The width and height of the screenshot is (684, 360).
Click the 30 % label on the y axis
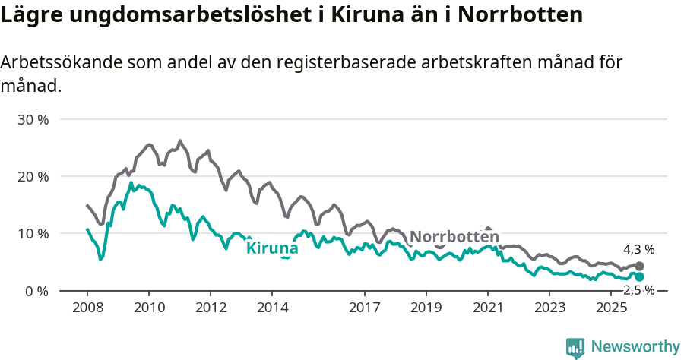tap(33, 119)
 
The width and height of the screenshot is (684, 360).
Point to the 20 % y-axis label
tap(33, 176)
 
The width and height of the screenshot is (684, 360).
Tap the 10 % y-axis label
tap(33, 233)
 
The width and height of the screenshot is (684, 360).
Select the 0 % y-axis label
tap(36, 291)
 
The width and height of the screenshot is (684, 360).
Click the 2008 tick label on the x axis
tap(87, 307)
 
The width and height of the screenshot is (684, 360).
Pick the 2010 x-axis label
tap(149, 307)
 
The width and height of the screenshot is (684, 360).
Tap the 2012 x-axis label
tap(211, 307)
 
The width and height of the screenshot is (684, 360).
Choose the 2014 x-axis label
tap(272, 307)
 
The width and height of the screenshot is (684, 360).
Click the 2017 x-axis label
tap(365, 307)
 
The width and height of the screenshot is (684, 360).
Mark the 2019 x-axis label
tap(426, 307)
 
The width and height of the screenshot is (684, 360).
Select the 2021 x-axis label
tap(488, 307)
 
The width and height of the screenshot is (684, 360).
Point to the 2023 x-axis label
tap(549, 307)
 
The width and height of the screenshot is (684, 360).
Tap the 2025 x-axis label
tap(611, 307)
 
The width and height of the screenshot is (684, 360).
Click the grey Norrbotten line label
tap(454, 236)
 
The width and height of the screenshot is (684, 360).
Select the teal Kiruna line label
tap(272, 248)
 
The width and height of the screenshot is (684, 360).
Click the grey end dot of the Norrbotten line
tap(640, 266)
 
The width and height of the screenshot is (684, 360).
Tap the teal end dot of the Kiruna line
tap(640, 276)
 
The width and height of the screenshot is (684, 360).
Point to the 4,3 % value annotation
tap(638, 249)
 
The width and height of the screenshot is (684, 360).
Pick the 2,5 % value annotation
tap(638, 290)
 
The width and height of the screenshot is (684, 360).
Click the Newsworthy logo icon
tap(575, 348)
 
